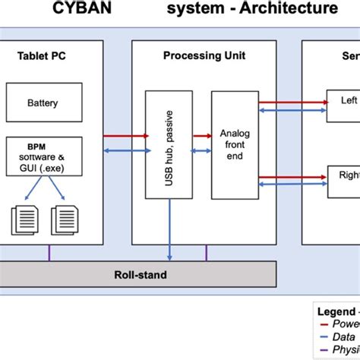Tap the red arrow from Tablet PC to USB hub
[x=124, y=136]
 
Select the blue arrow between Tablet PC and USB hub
[x=124, y=151]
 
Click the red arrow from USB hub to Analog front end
[x=201, y=136]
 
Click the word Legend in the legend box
[x=333, y=311]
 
